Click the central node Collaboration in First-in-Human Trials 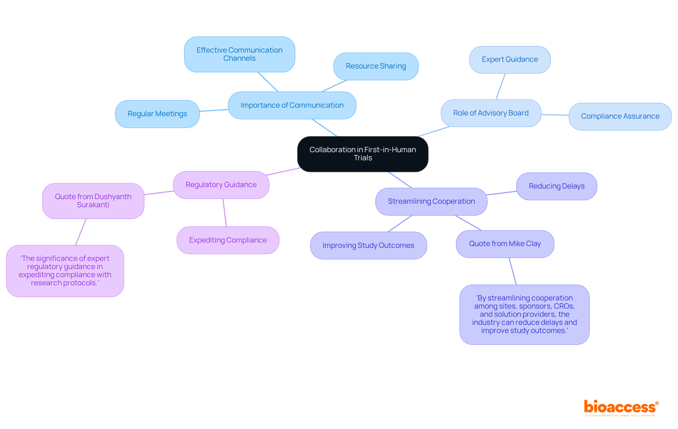pos(363,154)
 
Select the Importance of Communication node pos(292,105)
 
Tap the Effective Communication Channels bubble pos(239,54)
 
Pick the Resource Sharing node pos(376,66)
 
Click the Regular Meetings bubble pos(157,114)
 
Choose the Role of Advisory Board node pos(491,113)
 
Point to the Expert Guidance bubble pos(510,60)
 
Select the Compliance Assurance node pos(620,116)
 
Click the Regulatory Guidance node pos(221,185)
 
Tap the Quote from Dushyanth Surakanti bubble pos(93,201)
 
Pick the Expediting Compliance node pos(228,240)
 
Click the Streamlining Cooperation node pos(431,201)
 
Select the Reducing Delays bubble pos(557,186)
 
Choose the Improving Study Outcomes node pos(368,245)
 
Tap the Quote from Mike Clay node pos(505,244)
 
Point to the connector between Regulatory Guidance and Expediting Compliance pos(225,213)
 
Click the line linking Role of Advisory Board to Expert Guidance pos(501,87)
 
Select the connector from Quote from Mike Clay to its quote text pos(513,271)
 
